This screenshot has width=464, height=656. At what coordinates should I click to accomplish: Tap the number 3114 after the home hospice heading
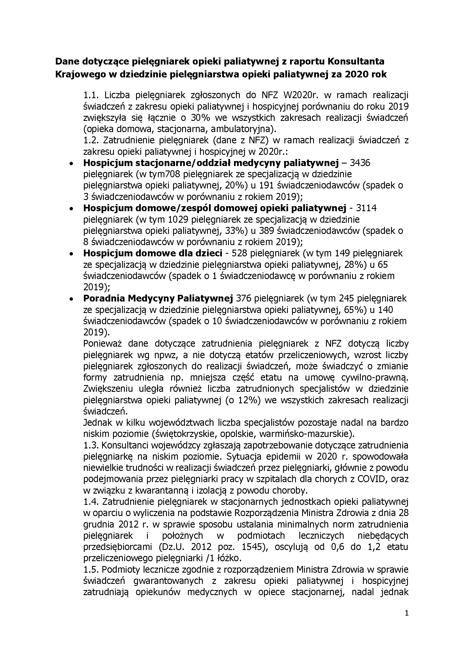366,208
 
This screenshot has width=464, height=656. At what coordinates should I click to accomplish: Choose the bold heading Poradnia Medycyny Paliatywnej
158,299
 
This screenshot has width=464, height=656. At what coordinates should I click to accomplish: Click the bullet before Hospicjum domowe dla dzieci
71,254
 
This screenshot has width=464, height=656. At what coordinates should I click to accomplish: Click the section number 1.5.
91,569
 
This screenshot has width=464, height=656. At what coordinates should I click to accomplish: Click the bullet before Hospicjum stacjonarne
71,164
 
